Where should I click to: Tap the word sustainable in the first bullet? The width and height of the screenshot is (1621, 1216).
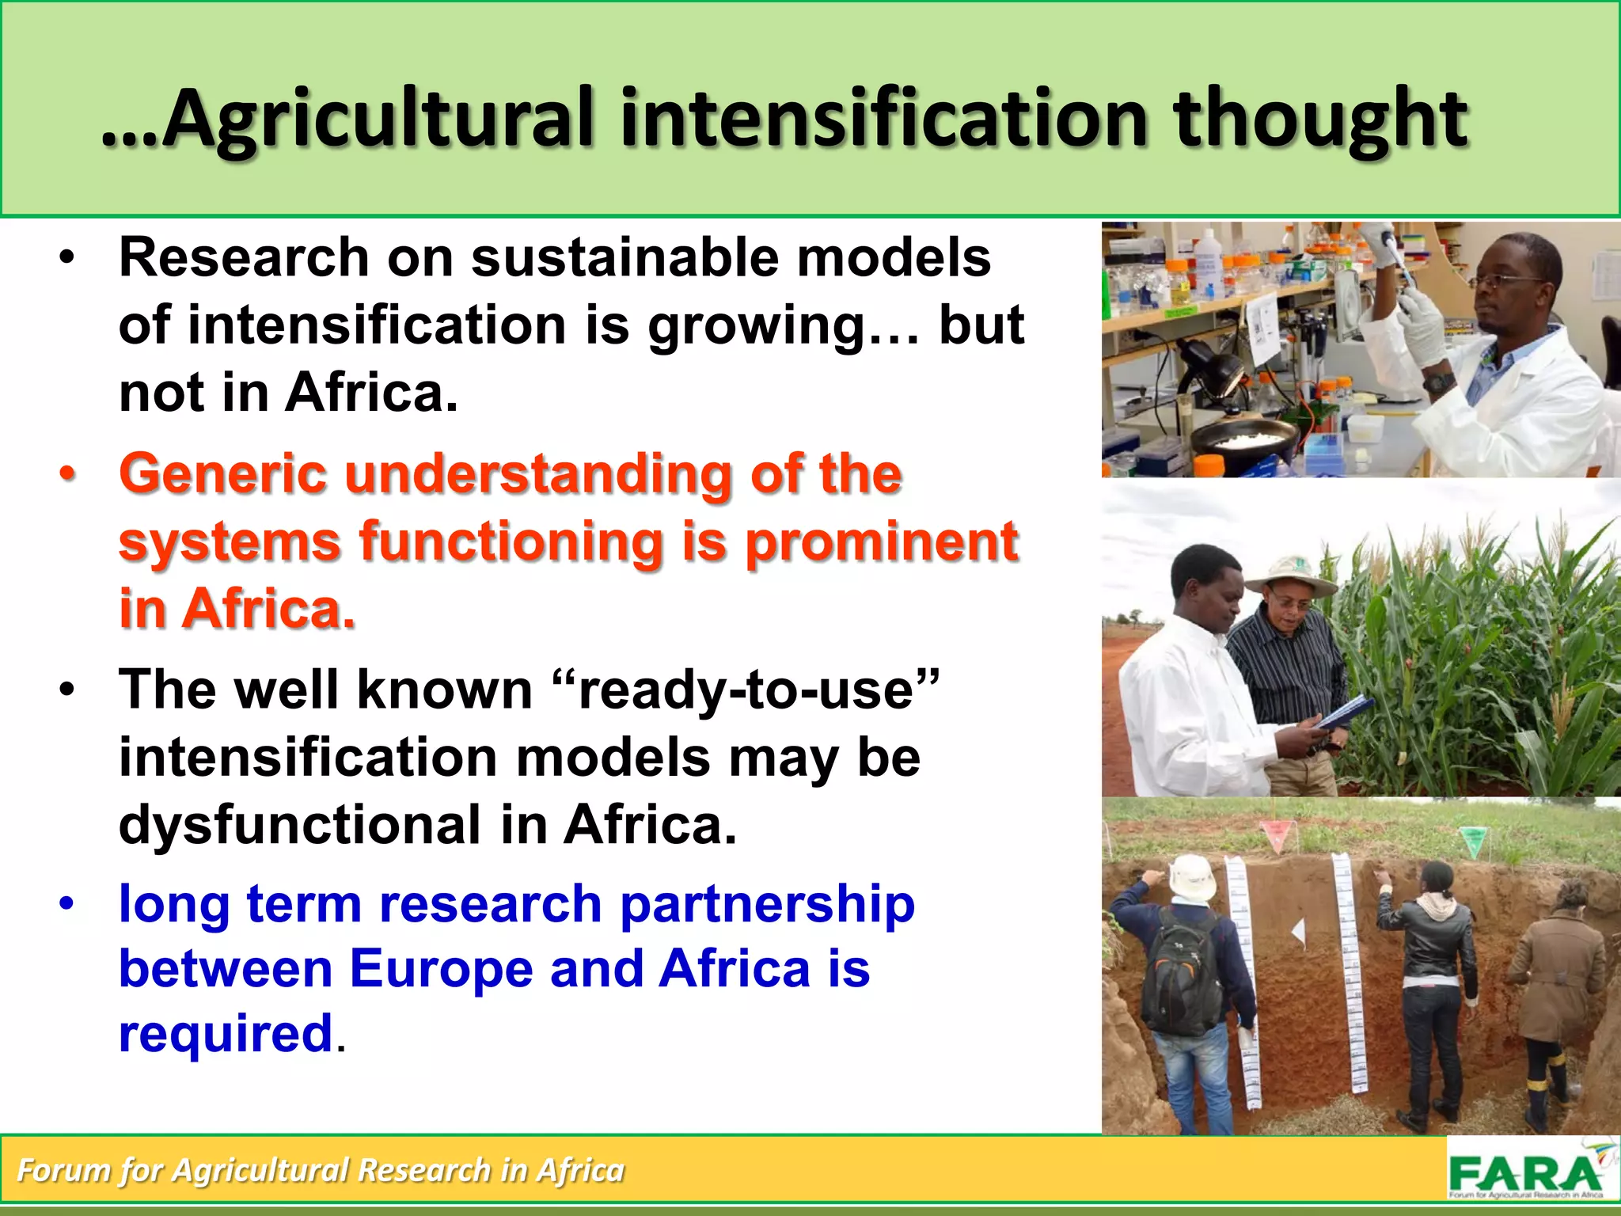click(624, 258)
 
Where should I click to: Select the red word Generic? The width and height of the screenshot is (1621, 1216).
click(222, 474)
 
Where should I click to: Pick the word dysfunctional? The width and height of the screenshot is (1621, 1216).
click(299, 825)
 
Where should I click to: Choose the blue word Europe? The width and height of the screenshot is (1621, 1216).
click(441, 969)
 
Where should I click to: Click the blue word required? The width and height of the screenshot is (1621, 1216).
click(226, 1034)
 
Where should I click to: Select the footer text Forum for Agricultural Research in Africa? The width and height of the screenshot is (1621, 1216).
click(321, 1170)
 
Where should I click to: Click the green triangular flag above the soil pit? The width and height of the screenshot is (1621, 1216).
click(1471, 839)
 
